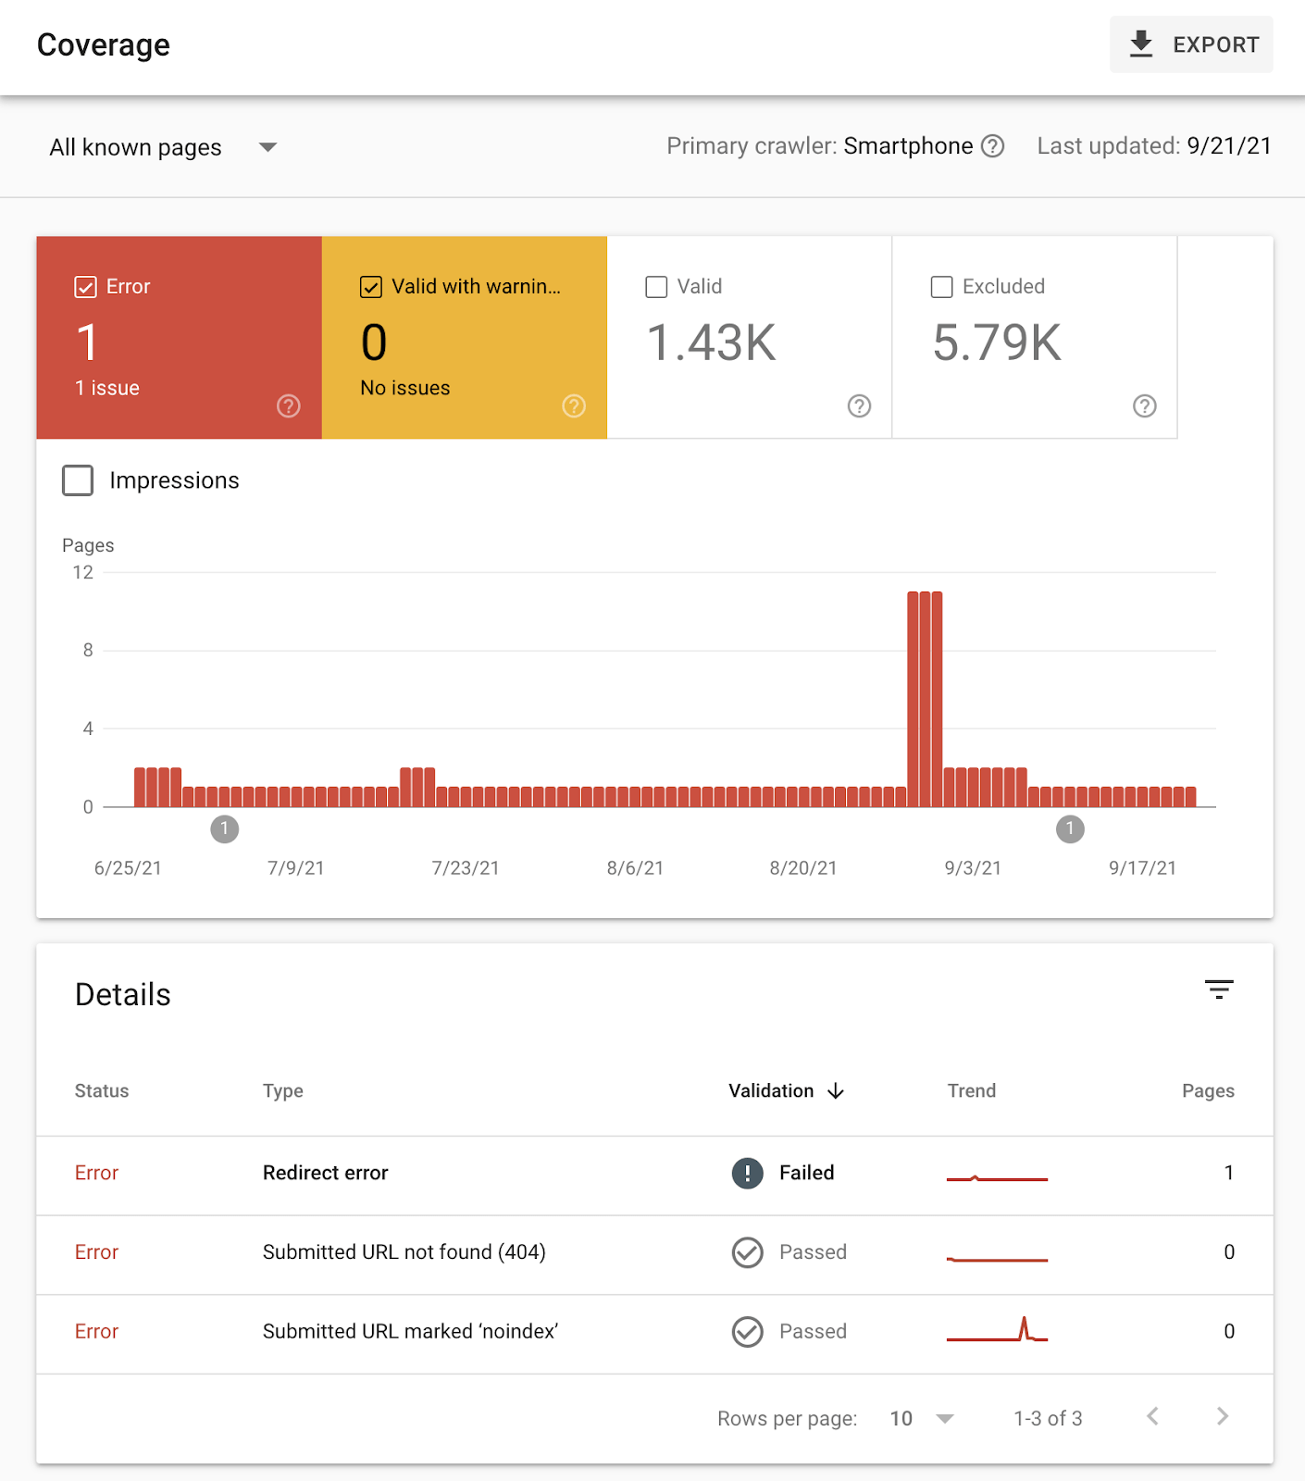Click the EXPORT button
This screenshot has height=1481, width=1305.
tap(1191, 44)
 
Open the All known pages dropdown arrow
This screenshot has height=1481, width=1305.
tap(267, 147)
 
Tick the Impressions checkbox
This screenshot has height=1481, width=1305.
tap(78, 480)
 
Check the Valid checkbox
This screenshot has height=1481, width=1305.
tap(656, 287)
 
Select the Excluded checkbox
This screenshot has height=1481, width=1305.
tap(941, 287)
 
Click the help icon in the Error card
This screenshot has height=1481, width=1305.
tap(289, 406)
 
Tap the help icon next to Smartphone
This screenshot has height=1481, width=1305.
tap(992, 146)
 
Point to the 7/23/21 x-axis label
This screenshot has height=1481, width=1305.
tap(465, 868)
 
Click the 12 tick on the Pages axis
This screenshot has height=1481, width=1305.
tap(83, 573)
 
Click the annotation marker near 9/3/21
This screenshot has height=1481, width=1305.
tap(1070, 829)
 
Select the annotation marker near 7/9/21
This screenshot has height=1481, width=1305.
tap(225, 829)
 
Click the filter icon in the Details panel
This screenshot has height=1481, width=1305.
tap(1219, 989)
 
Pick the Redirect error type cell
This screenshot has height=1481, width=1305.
tap(326, 1173)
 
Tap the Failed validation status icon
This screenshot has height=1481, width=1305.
tap(748, 1173)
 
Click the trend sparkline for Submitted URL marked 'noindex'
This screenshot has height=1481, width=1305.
tap(997, 1331)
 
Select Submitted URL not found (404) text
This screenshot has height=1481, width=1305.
tap(404, 1252)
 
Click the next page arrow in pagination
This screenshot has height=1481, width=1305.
tap(1223, 1416)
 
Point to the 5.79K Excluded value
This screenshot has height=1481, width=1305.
tap(997, 343)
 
